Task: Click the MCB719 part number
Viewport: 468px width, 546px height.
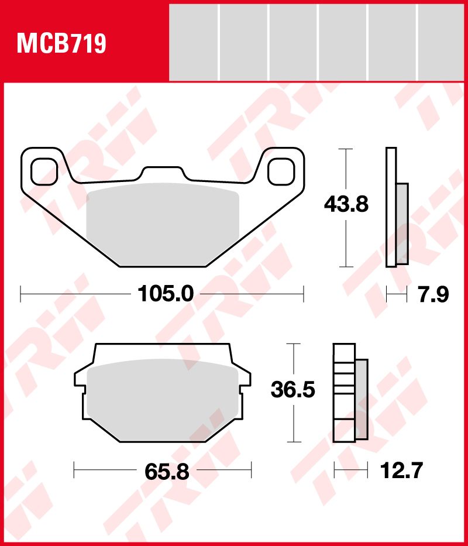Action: (x=61, y=43)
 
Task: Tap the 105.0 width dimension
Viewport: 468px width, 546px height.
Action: (x=166, y=294)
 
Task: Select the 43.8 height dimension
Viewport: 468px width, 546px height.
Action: (x=346, y=204)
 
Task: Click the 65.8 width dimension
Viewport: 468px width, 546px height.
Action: (x=167, y=472)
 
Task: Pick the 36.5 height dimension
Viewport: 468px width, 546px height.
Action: (x=293, y=390)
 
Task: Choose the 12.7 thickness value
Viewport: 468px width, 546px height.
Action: (x=401, y=471)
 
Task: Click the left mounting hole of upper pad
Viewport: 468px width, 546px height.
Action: (x=44, y=171)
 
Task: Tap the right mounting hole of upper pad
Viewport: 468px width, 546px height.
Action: (x=281, y=171)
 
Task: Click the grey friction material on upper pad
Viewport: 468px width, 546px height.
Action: (x=163, y=225)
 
